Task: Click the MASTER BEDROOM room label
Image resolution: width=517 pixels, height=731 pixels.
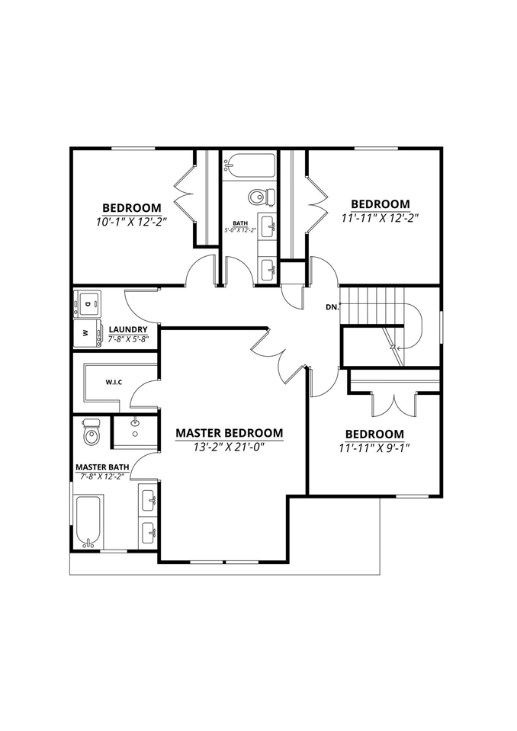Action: click(x=229, y=432)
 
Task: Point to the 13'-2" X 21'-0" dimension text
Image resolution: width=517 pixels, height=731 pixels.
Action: click(x=229, y=447)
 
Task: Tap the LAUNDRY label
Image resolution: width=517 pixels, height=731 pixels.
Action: click(x=127, y=329)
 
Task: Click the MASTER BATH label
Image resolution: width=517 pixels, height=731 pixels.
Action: click(x=101, y=466)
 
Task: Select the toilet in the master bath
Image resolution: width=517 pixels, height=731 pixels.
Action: click(x=91, y=433)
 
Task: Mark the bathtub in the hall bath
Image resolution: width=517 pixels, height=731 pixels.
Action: click(x=249, y=163)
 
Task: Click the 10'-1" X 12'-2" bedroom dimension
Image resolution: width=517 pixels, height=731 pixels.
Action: click(x=131, y=222)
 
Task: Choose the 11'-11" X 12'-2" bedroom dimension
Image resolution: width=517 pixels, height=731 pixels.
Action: click(x=380, y=217)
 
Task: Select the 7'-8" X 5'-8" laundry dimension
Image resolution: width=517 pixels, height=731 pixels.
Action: click(x=127, y=339)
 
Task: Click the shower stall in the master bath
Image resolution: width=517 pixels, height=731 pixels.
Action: click(x=135, y=431)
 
